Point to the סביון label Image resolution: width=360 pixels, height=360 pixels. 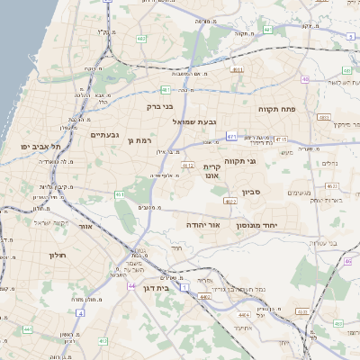click(252, 192)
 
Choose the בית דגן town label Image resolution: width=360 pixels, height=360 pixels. click(156, 288)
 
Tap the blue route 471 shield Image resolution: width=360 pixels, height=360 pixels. click(231, 136)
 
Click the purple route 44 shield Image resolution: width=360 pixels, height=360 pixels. click(131, 286)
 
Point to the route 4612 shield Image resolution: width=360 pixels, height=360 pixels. click(188, 166)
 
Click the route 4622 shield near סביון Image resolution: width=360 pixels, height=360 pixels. click(230, 202)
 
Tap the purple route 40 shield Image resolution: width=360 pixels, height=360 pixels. click(306, 79)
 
